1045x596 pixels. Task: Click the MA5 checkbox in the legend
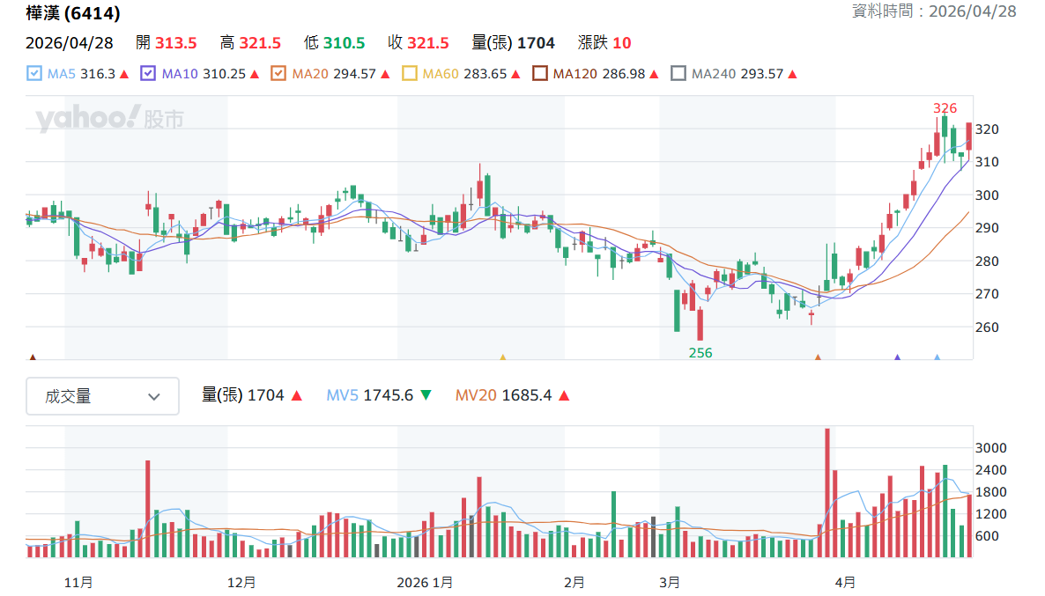[34, 74]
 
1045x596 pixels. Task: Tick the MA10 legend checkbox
[148, 74]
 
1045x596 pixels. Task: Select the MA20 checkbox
[278, 74]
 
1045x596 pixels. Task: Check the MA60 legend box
[409, 74]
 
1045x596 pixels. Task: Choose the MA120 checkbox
[539, 74]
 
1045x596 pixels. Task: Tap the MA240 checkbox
[678, 74]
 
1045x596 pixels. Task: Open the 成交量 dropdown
[102, 396]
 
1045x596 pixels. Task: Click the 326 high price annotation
[945, 108]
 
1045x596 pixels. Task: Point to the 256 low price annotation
[700, 353]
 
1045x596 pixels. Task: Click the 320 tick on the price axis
[987, 129]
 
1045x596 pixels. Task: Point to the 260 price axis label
[987, 327]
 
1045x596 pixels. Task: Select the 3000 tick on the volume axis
[991, 448]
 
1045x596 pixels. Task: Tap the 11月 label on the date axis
[78, 582]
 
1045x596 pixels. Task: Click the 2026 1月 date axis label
[425, 582]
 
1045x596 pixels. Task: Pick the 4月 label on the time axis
[845, 582]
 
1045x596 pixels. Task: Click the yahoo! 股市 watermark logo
[109, 118]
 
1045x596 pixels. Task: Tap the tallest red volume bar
[827, 492]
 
